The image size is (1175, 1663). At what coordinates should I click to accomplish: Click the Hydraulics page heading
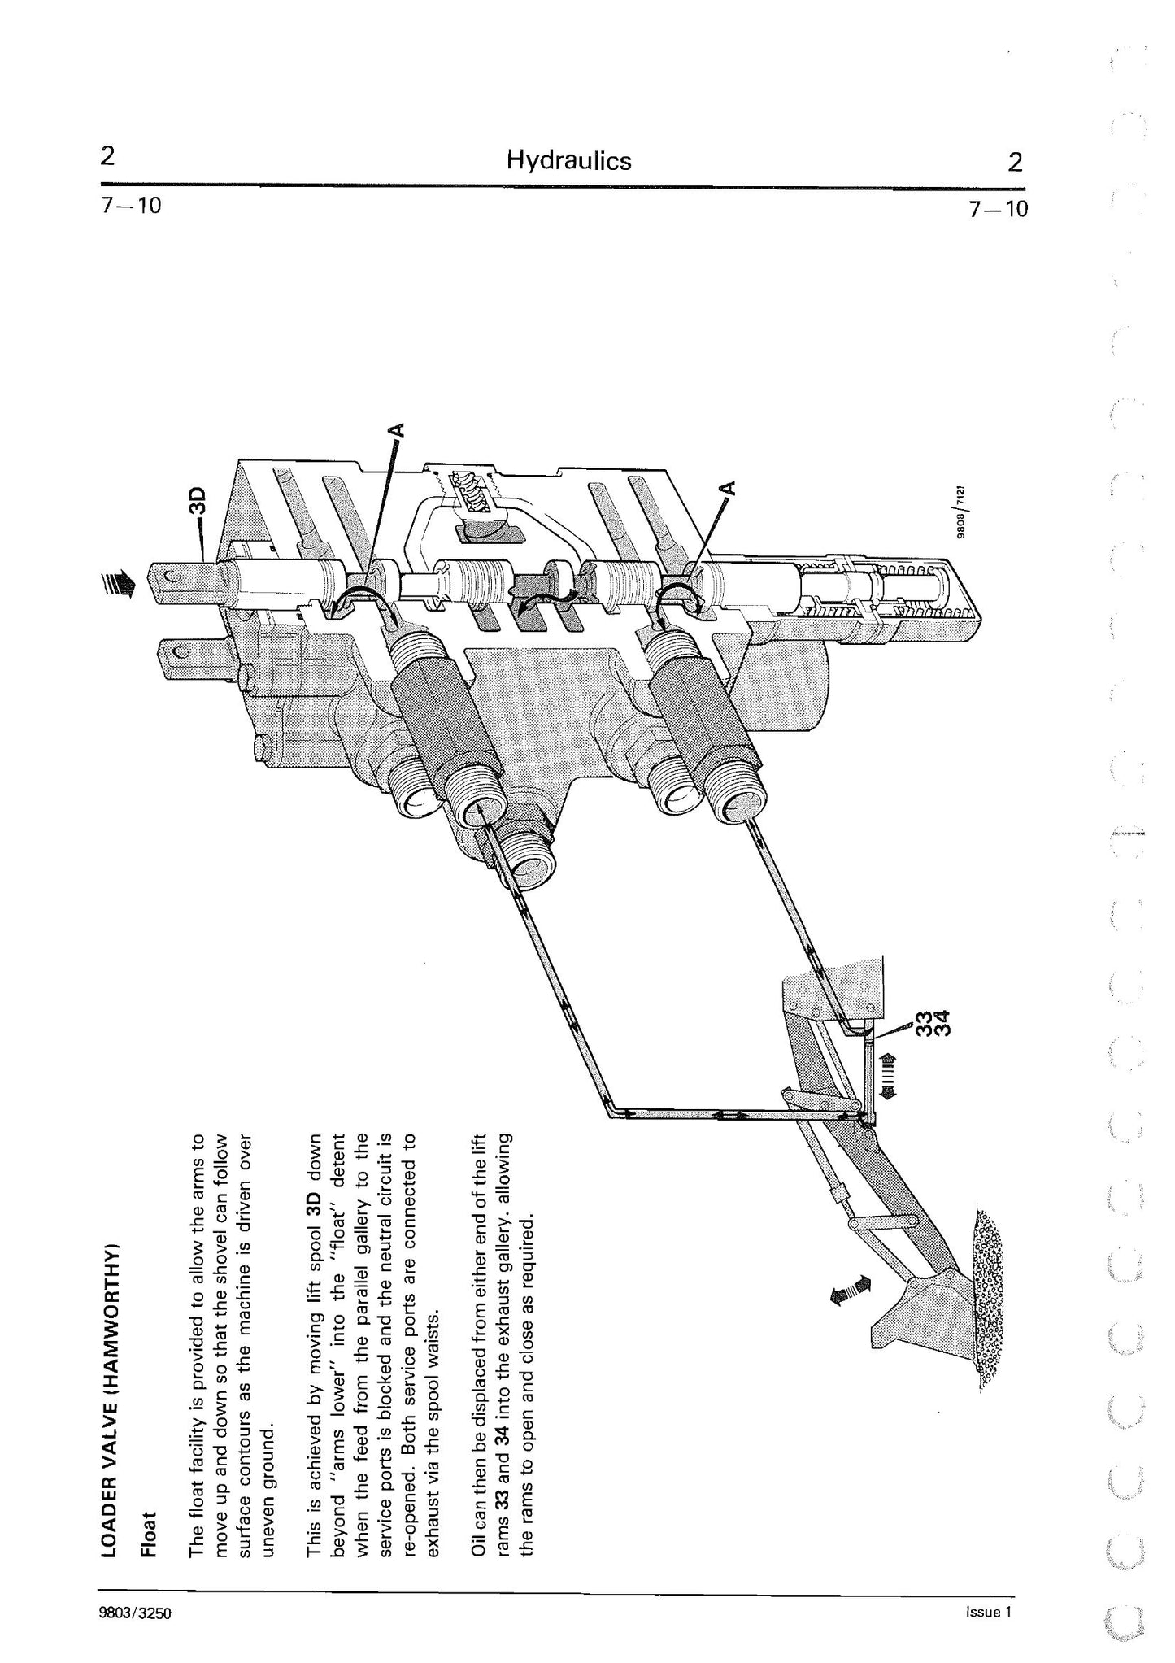coord(568,160)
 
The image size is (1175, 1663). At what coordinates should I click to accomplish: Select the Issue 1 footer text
coord(987,1612)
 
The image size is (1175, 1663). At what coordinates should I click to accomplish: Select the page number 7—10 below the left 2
coord(131,207)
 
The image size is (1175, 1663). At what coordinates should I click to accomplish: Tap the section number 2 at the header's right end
coord(1016,162)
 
